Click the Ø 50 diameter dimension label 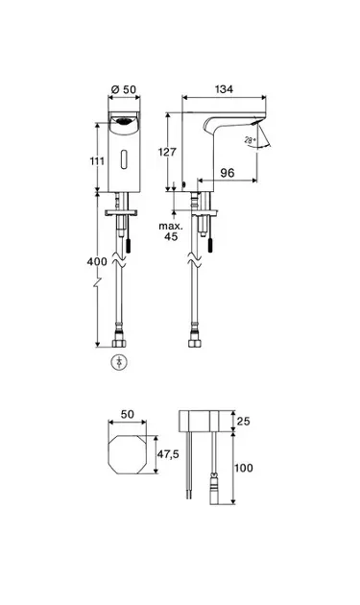tap(124, 89)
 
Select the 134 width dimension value tap(225, 89)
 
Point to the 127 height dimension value tap(167, 152)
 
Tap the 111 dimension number tap(97, 160)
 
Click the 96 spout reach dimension tap(228, 173)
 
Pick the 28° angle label tap(250, 140)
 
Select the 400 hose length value tap(97, 261)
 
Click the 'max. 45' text tap(171, 231)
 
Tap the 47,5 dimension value tap(168, 454)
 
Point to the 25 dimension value tap(243, 421)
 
